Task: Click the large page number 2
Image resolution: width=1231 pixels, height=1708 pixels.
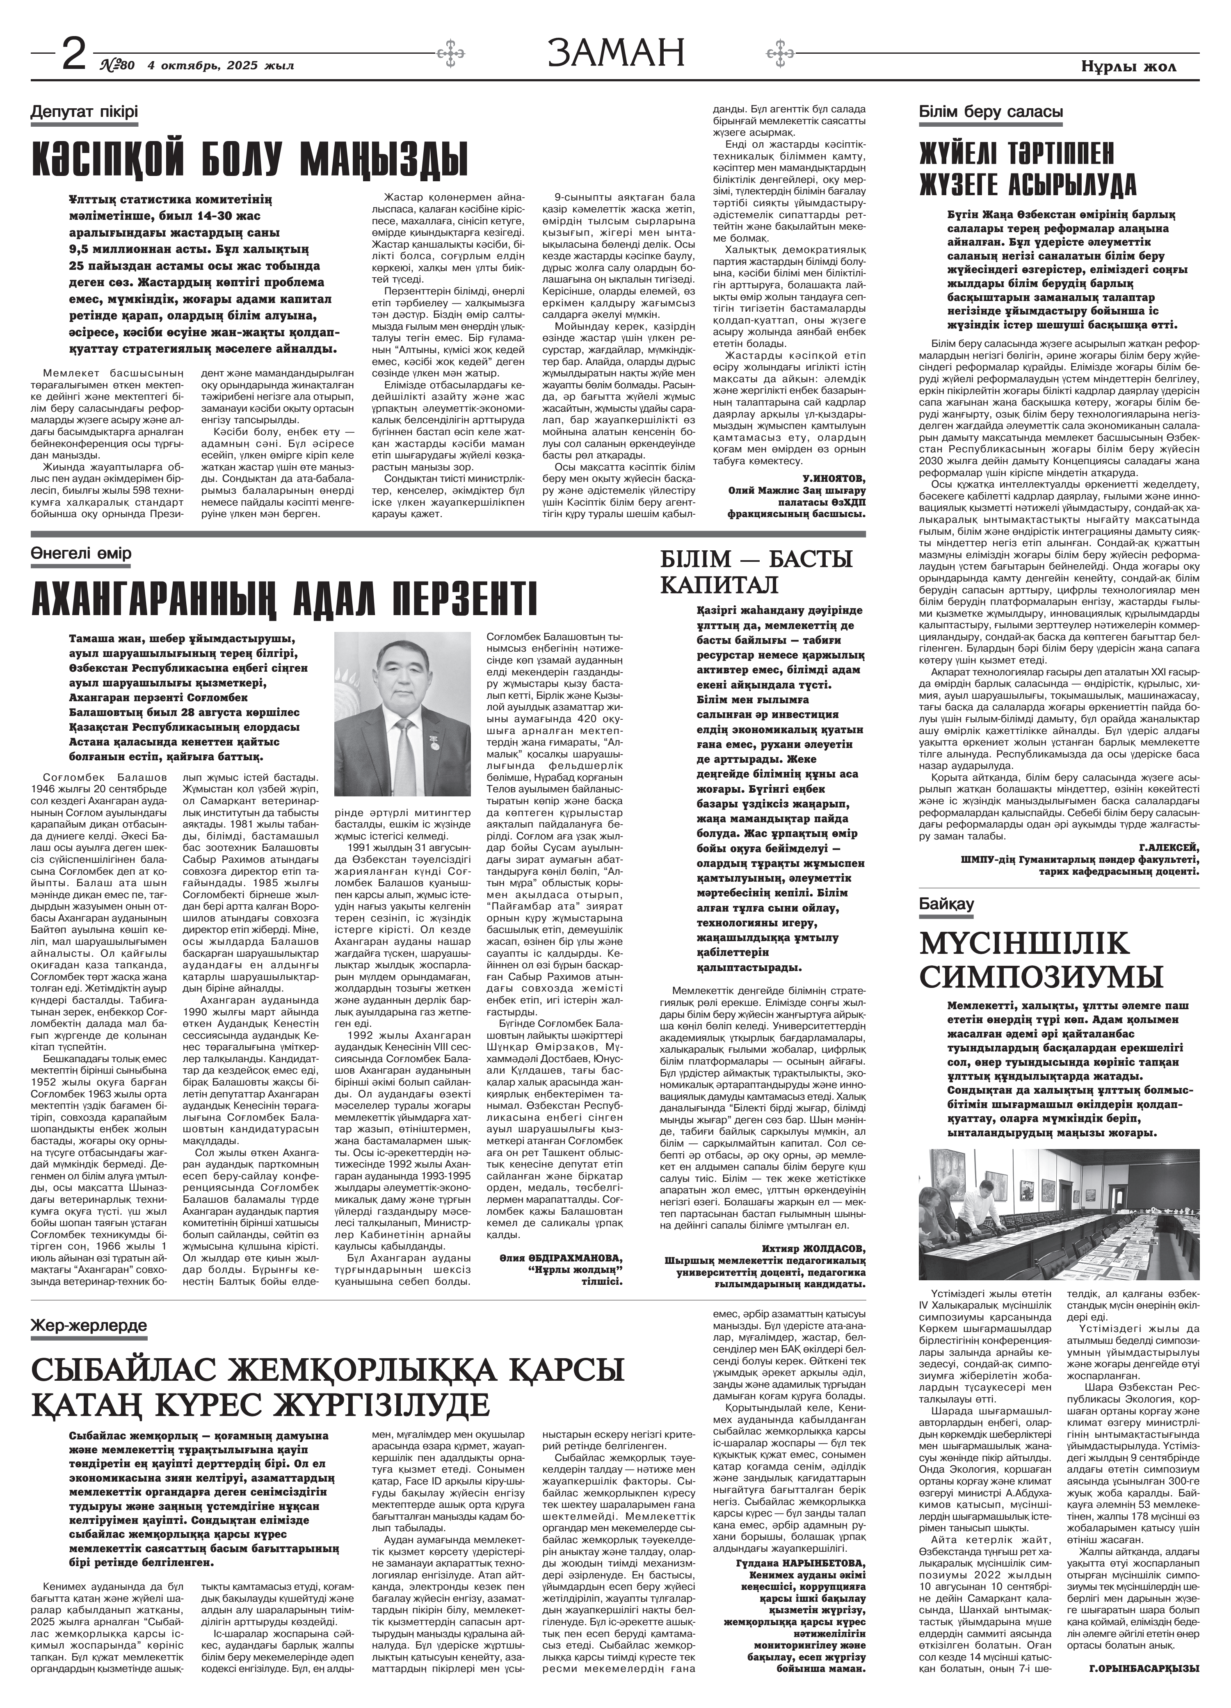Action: [x=73, y=54]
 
